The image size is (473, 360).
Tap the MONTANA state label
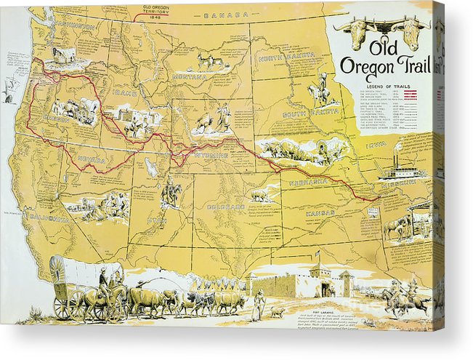click(190, 76)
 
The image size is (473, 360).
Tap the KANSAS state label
click(320, 213)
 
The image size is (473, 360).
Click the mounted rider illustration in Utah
click(171, 192)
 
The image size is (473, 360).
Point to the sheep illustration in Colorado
click(259, 195)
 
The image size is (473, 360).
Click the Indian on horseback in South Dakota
click(320, 91)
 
